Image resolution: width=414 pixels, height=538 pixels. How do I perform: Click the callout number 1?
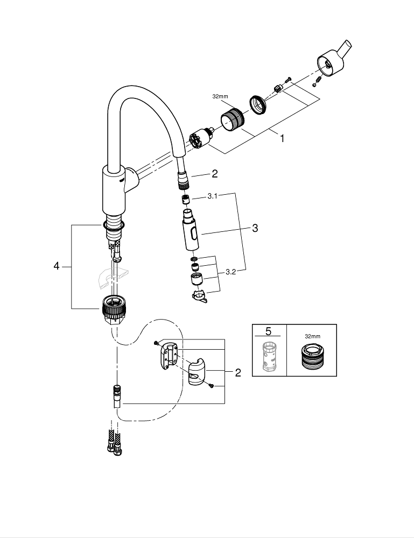pyautogui.click(x=281, y=138)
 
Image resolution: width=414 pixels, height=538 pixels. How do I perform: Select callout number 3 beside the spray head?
pyautogui.click(x=255, y=228)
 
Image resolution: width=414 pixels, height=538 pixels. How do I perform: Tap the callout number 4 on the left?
pyautogui.click(x=56, y=266)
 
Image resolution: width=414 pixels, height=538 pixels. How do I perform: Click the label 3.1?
pyautogui.click(x=212, y=197)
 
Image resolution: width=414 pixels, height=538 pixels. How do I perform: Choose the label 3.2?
pyautogui.click(x=231, y=272)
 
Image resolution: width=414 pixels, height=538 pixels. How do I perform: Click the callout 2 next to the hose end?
pyautogui.click(x=214, y=174)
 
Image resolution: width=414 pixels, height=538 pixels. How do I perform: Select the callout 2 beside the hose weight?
pyautogui.click(x=237, y=372)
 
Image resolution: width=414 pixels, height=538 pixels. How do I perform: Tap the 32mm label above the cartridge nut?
pyautogui.click(x=221, y=97)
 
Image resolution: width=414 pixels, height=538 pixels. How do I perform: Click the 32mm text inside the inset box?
pyautogui.click(x=312, y=336)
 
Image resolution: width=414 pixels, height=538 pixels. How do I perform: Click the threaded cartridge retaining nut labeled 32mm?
pyautogui.click(x=232, y=118)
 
